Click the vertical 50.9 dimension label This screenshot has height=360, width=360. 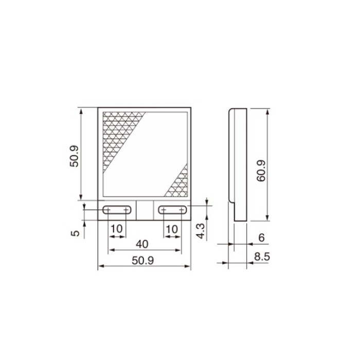pyautogui.click(x=74, y=156)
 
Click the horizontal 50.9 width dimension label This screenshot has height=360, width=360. pyautogui.click(x=143, y=260)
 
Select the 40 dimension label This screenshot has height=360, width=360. pyautogui.click(x=142, y=244)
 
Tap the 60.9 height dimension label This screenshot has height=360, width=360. pyautogui.click(x=261, y=171)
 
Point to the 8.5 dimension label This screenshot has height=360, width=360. pyautogui.click(x=262, y=257)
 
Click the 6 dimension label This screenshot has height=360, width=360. pyautogui.click(x=261, y=238)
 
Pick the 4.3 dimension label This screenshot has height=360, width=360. pyautogui.click(x=200, y=231)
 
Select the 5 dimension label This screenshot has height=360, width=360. pyautogui.click(x=75, y=233)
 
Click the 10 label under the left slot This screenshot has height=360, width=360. pyautogui.click(x=117, y=229)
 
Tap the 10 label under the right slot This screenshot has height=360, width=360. pyautogui.click(x=172, y=229)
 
